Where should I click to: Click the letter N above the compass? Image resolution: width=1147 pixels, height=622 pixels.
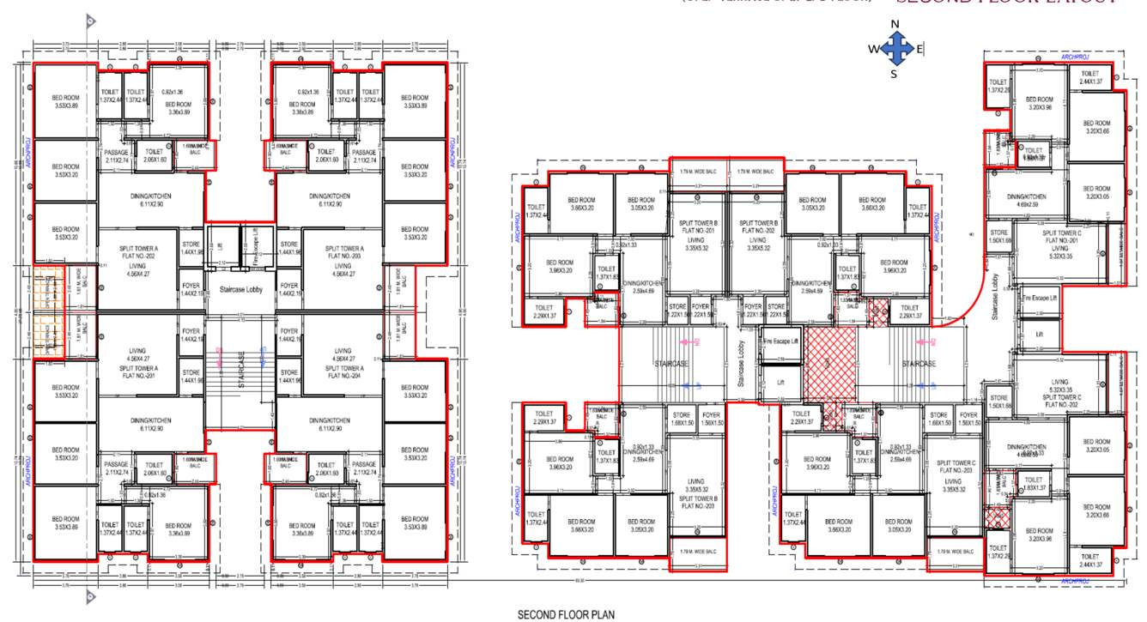point(895,24)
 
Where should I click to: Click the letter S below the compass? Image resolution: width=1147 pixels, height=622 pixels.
point(894,75)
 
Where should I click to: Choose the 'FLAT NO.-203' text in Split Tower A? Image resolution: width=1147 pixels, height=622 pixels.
point(343,257)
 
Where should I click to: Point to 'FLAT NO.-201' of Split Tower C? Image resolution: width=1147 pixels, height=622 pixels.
point(1061,240)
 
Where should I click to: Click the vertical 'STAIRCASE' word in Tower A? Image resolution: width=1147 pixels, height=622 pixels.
point(241,373)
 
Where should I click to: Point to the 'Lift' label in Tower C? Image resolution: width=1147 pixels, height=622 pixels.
point(1040,334)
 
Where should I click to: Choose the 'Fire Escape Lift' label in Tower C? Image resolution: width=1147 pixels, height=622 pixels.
point(1040,298)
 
